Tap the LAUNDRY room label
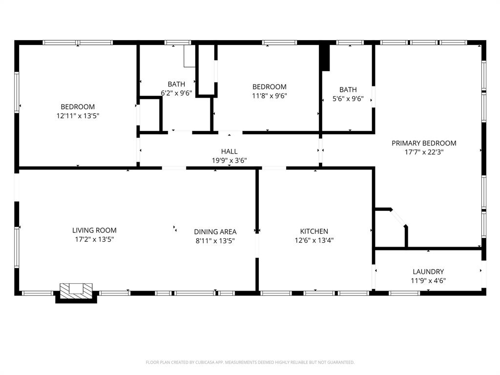click(428, 271)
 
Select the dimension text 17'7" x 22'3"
click(424, 152)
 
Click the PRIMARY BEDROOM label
click(424, 143)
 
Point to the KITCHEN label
click(314, 231)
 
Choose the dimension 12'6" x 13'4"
click(314, 240)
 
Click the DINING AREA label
click(215, 232)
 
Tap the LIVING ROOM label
click(94, 230)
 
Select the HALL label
click(229, 151)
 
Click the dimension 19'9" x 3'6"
click(229, 160)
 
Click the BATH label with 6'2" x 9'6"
click(176, 84)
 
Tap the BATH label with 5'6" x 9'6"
click(348, 89)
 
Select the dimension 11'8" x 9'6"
click(269, 96)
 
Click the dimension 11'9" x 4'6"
click(428, 281)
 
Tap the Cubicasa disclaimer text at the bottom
click(250, 362)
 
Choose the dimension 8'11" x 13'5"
click(215, 241)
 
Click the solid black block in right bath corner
click(325, 58)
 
